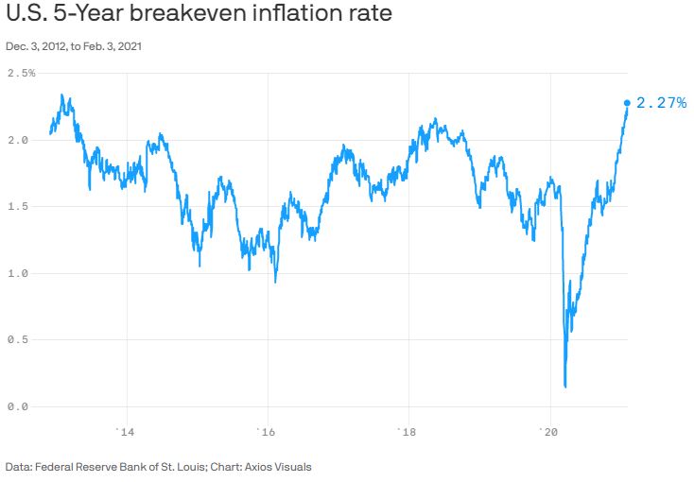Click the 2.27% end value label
pos(661,103)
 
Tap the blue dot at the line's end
pos(627,103)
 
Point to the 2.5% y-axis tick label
pos(21,74)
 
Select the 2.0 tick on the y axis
pos(17,140)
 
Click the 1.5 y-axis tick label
pos(17,207)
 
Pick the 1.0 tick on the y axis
pos(17,273)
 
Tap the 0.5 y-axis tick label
pos(17,340)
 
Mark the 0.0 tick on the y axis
pos(17,406)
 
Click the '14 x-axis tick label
pos(126,432)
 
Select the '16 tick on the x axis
pos(267,432)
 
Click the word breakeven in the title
pos(181,16)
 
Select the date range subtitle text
pos(75,45)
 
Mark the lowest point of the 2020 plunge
pos(565,386)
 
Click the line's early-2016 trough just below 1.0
pos(275,282)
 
